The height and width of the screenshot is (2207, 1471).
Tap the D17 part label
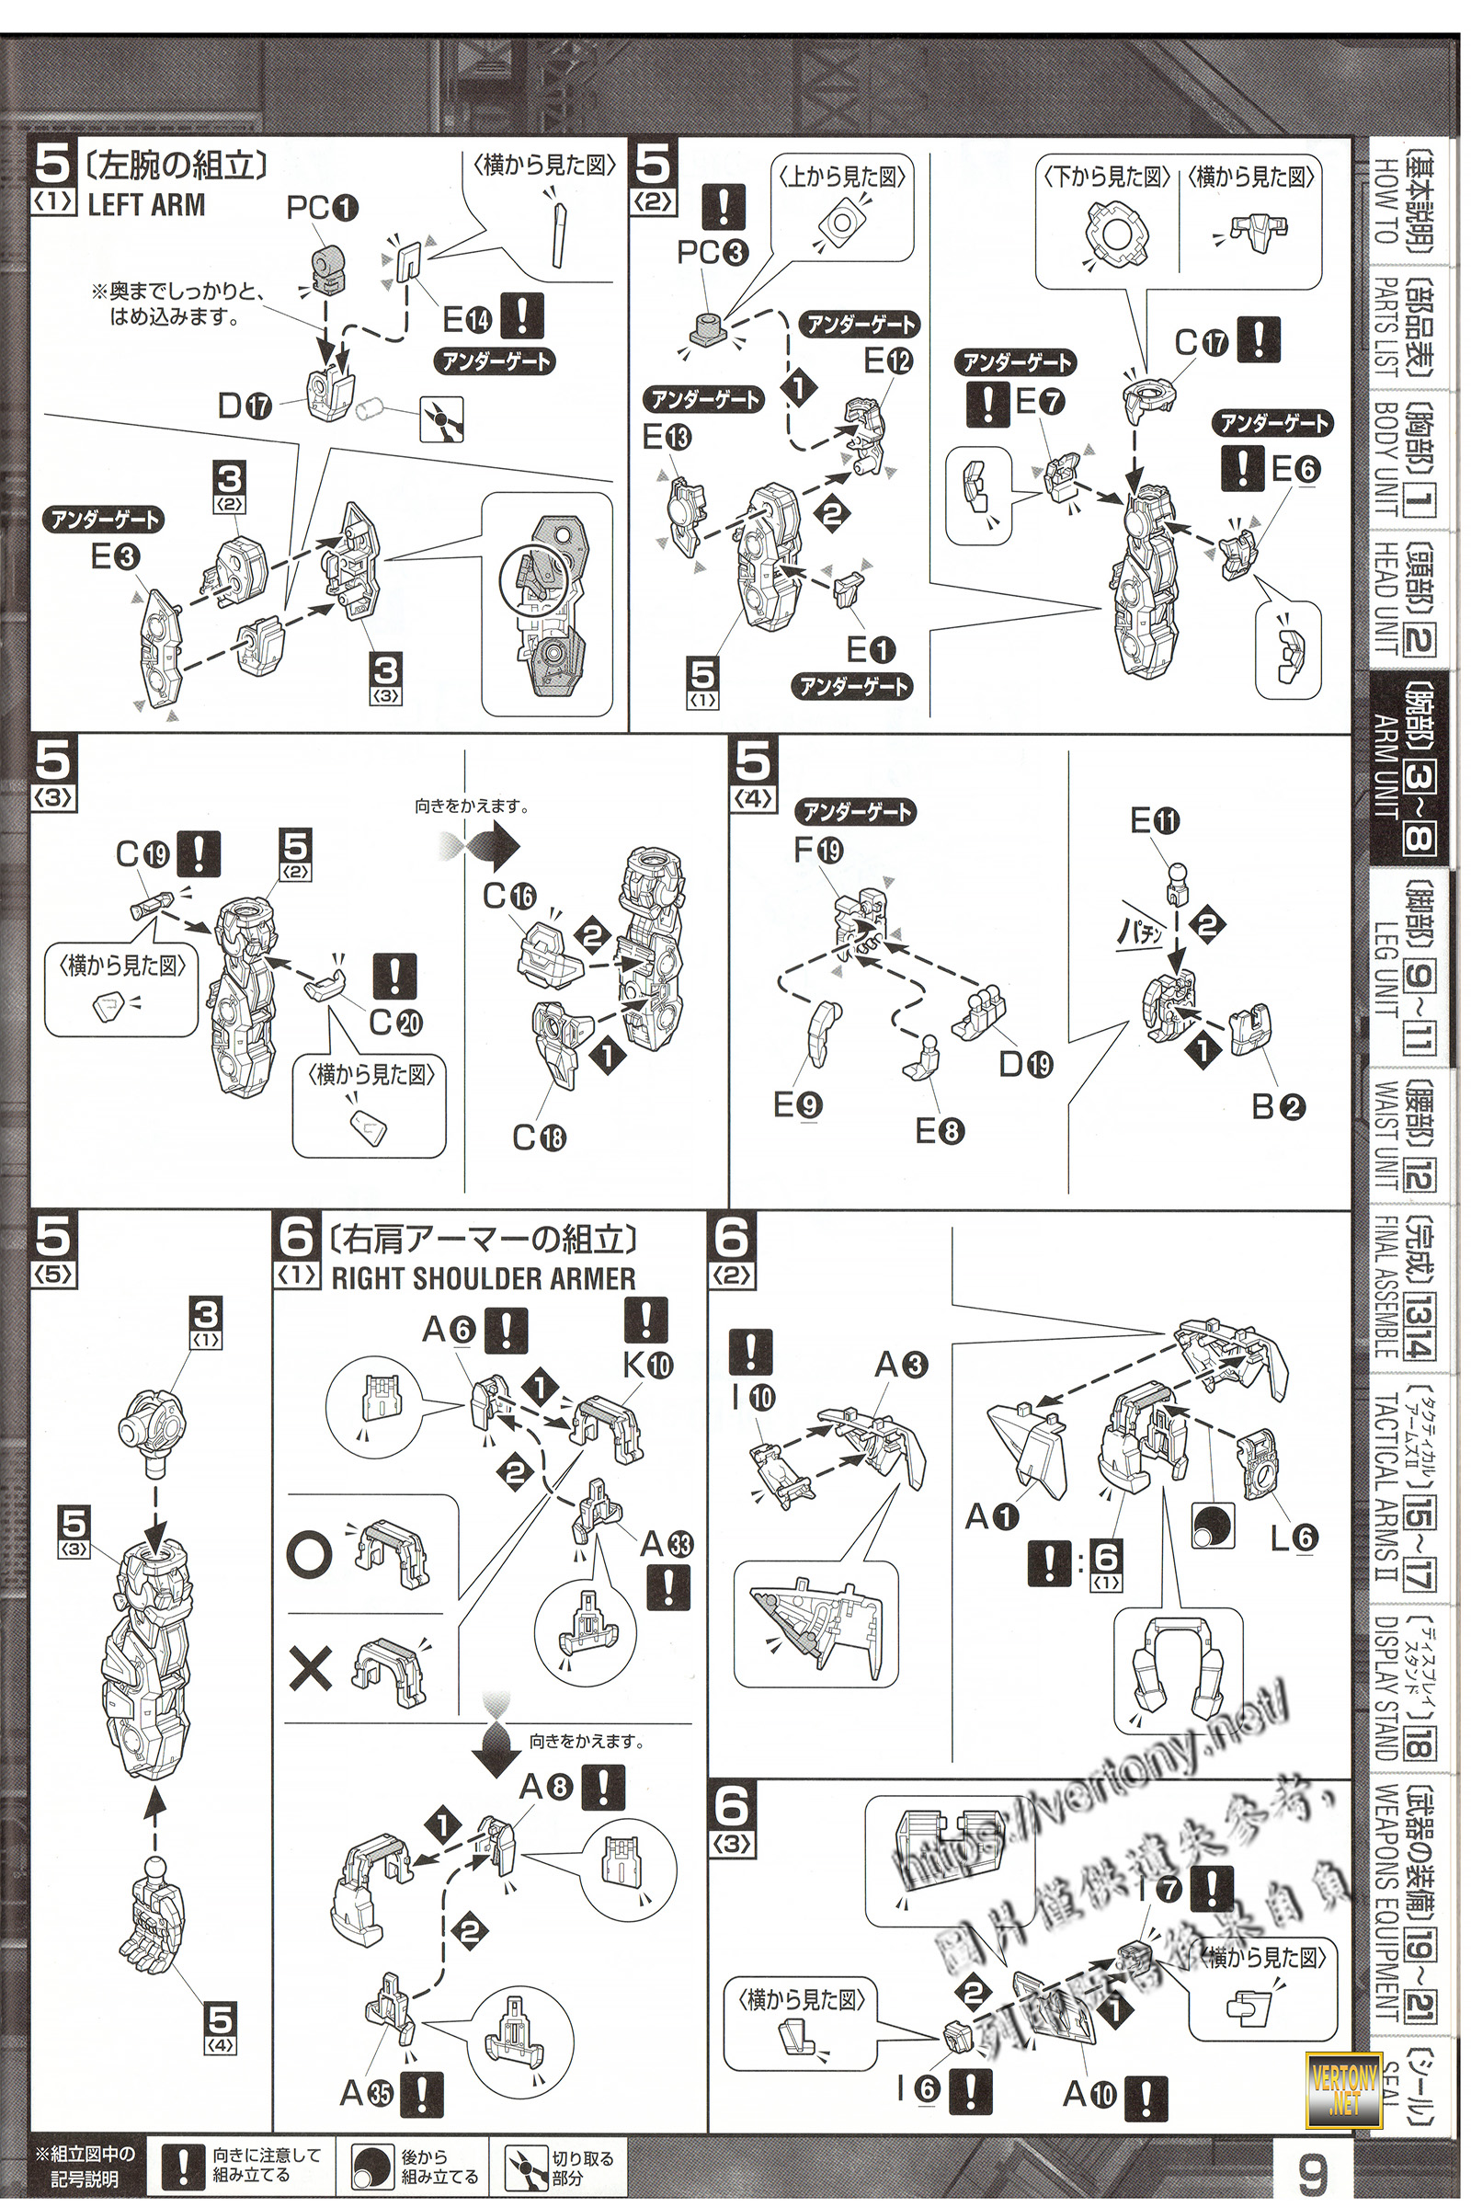pyautogui.click(x=245, y=407)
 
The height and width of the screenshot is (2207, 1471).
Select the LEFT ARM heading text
pyautogui.click(x=145, y=204)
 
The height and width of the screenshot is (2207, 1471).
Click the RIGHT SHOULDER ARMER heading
pyautogui.click(x=484, y=1278)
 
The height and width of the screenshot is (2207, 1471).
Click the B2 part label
pyautogui.click(x=1278, y=1107)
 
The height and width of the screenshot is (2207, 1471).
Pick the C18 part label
pyautogui.click(x=539, y=1138)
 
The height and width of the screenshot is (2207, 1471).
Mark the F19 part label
pyautogui.click(x=818, y=850)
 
